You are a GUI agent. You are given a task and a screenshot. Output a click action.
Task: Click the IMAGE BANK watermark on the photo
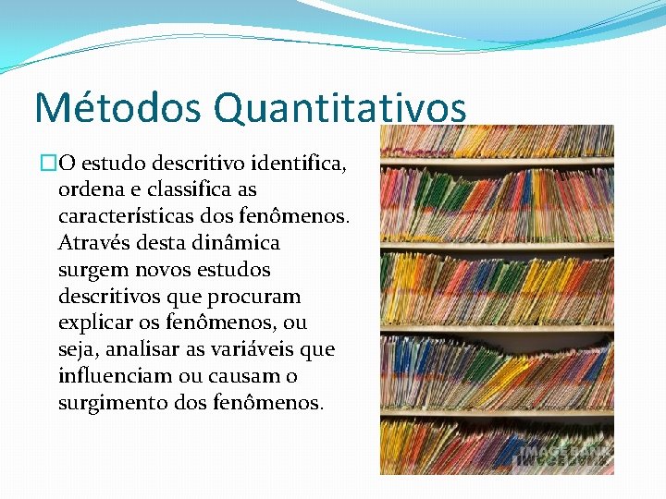click(x=564, y=452)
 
